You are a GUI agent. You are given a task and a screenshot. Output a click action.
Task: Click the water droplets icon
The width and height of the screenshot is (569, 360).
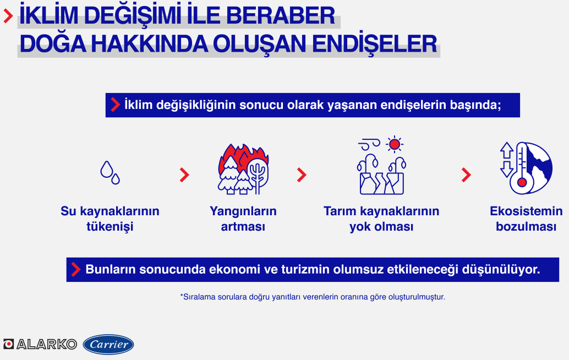coord(110,173)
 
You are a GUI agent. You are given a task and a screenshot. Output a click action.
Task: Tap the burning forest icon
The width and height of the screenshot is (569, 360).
coord(243,169)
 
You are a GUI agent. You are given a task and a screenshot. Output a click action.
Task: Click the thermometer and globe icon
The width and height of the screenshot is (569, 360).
coord(526,168)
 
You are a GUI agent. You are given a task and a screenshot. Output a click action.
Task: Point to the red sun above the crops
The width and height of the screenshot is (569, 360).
coord(395,144)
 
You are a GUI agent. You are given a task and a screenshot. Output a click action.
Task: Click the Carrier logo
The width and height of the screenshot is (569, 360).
coord(108,345)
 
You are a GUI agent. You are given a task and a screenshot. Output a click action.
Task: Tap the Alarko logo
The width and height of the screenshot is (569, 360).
coord(40,344)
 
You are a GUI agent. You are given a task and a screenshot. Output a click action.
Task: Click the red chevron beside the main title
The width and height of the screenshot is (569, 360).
coord(8,16)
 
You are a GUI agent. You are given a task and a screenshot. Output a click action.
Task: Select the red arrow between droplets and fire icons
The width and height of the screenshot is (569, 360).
coord(184,175)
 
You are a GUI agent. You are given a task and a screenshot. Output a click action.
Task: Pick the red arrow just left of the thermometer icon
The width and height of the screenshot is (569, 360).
coord(466,175)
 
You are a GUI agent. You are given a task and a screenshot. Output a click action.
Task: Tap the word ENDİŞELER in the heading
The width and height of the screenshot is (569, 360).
coord(375,44)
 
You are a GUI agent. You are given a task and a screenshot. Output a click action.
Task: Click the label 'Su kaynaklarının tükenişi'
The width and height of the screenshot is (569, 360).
coord(110,219)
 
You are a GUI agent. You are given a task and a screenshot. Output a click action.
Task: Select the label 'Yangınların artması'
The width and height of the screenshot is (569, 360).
coord(243,219)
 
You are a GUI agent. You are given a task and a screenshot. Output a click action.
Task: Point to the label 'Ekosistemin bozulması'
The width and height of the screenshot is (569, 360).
coord(526,219)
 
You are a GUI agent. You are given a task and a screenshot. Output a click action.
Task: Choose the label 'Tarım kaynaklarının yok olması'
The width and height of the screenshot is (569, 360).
coord(381,219)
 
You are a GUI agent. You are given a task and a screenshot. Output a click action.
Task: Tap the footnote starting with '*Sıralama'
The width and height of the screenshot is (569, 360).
coord(313,297)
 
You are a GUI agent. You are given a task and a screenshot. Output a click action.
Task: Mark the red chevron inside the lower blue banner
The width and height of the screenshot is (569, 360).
coord(76,270)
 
